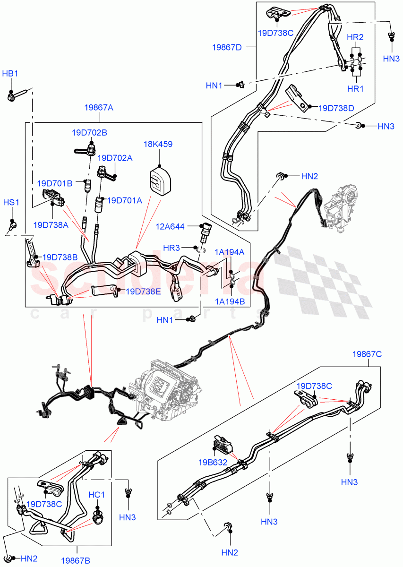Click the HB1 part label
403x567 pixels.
pyautogui.click(x=10, y=74)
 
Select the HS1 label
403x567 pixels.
pyautogui.click(x=11, y=202)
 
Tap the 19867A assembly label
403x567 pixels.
pyautogui.click(x=99, y=108)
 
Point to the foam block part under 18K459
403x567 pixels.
pyautogui.click(x=159, y=180)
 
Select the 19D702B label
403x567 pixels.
pyautogui.click(x=89, y=133)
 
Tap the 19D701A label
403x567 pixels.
pyautogui.click(x=125, y=200)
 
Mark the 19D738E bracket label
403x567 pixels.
pyautogui.click(x=143, y=292)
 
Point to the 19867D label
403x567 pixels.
pyautogui.click(x=227, y=47)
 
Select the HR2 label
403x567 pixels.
pyautogui.click(x=355, y=37)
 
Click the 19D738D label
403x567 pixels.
pyautogui.click(x=336, y=108)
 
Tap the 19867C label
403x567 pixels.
pyautogui.click(x=367, y=354)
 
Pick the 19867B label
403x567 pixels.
pyautogui.click(x=75, y=561)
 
